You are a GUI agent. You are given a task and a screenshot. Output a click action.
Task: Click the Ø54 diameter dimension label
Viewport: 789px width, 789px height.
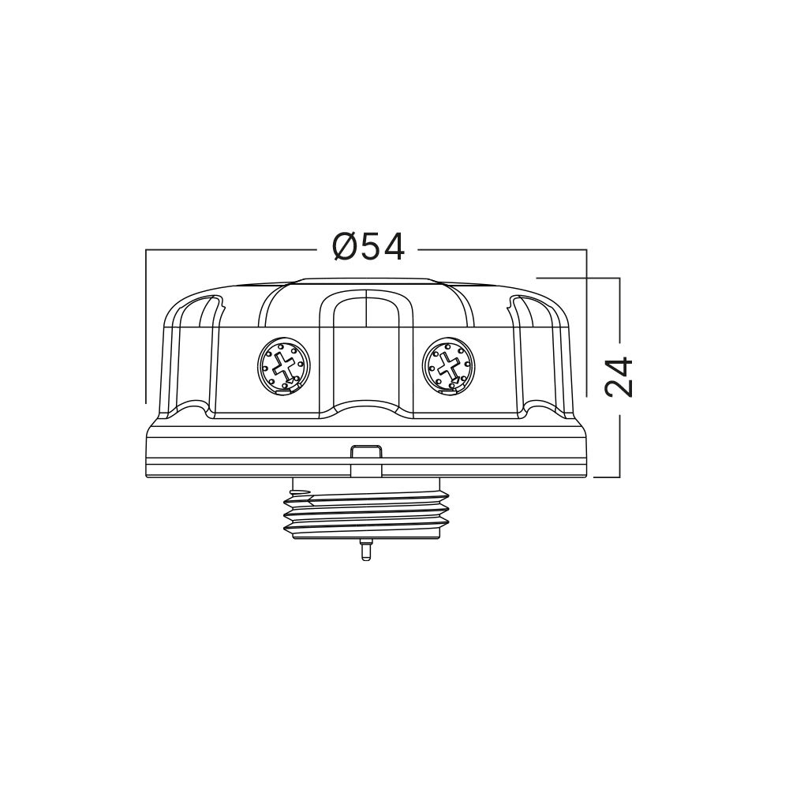coord(368,248)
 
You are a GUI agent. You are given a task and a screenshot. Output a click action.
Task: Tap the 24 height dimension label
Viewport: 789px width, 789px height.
coord(619,376)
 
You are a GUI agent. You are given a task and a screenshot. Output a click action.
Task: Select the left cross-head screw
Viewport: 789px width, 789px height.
coord(285,365)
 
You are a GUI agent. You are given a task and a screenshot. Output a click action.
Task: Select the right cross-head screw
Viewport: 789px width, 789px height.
coord(449,365)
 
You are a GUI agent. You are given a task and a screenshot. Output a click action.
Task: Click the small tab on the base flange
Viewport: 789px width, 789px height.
coord(365,452)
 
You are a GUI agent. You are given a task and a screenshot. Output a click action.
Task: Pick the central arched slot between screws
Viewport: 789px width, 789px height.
coord(366,347)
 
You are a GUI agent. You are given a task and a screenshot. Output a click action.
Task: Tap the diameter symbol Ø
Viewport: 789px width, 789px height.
coord(346,248)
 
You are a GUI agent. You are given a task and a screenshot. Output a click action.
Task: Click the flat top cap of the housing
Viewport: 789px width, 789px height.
coord(367,280)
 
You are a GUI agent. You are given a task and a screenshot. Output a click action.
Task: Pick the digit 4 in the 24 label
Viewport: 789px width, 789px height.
coord(619,365)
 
